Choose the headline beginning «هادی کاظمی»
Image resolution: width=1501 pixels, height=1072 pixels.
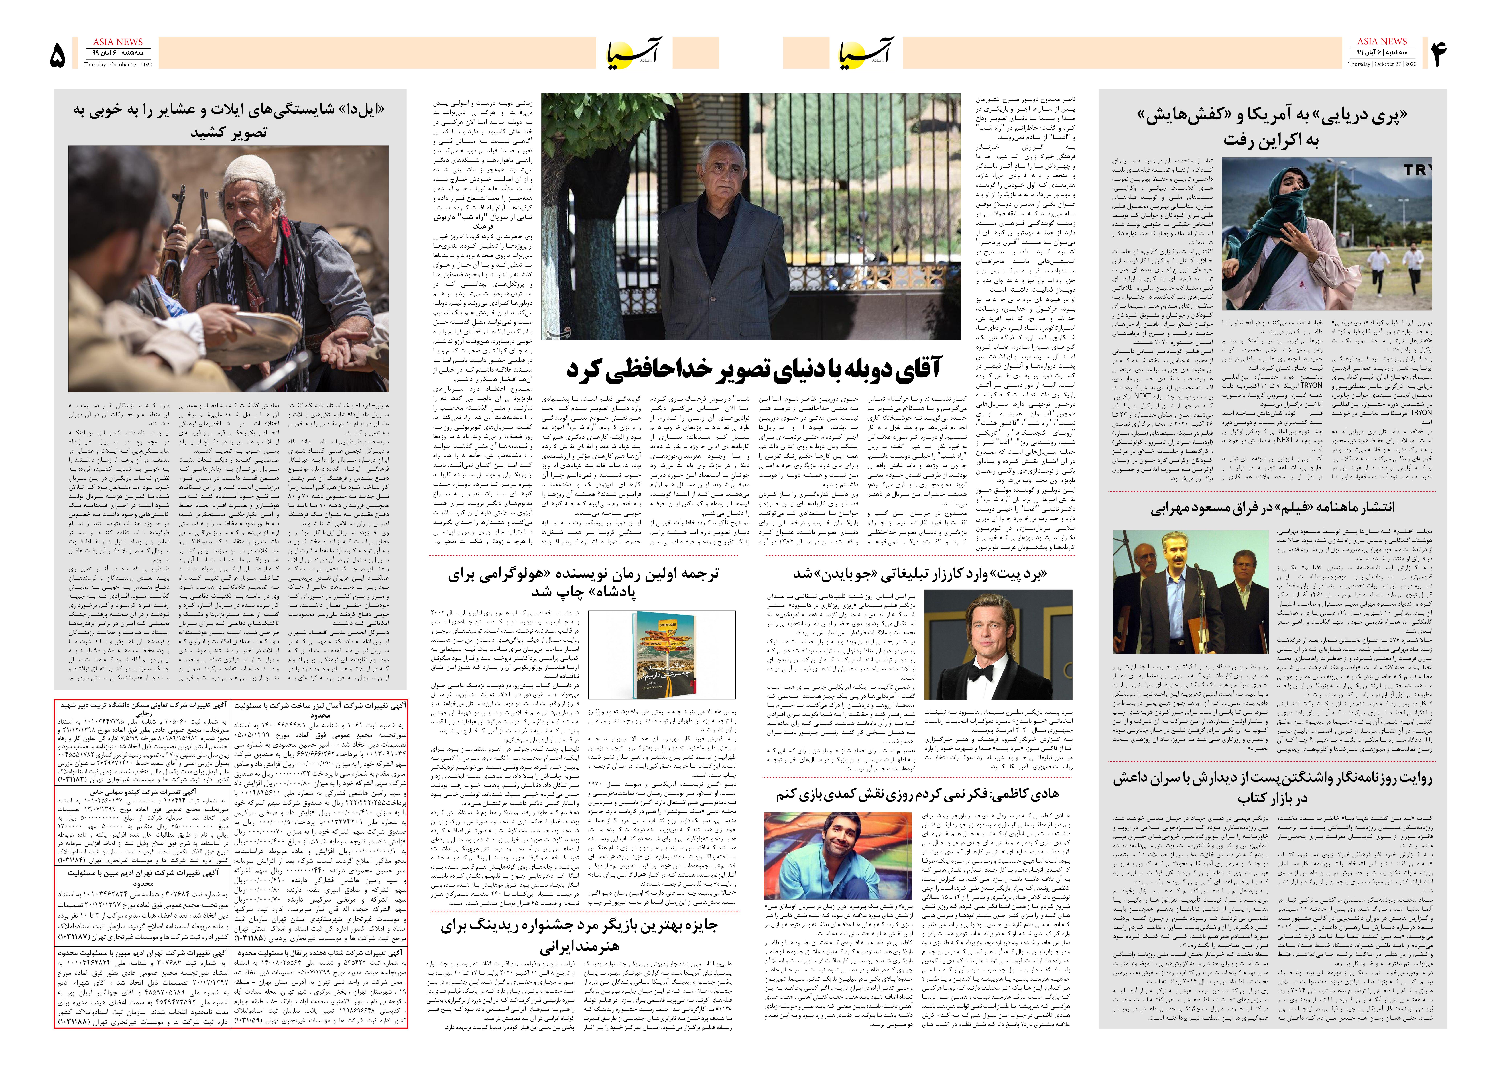click(918, 794)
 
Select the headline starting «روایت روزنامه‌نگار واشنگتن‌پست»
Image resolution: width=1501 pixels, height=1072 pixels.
click(1273, 788)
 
